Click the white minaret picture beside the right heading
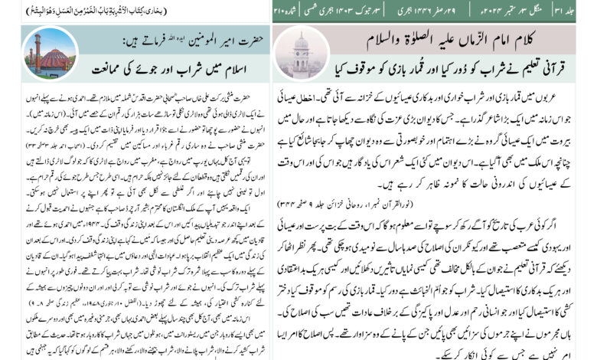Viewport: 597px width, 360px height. (x=300, y=51)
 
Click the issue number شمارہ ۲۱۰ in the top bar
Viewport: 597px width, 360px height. (x=292, y=11)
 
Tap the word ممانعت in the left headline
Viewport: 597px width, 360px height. (x=114, y=67)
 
